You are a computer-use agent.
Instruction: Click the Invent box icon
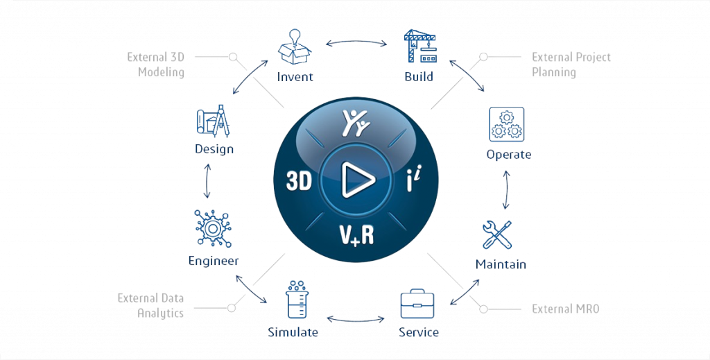(295, 46)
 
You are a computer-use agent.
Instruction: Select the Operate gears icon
(506, 124)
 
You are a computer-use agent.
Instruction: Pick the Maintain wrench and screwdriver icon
(500, 235)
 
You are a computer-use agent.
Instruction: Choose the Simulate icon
(295, 300)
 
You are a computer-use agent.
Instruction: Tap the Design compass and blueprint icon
(214, 124)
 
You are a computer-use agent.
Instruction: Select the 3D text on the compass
(299, 181)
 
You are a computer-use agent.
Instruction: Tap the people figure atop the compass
(356, 123)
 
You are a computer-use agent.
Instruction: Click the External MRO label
(565, 309)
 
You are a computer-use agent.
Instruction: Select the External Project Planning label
(571, 65)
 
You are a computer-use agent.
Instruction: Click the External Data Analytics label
(150, 305)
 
